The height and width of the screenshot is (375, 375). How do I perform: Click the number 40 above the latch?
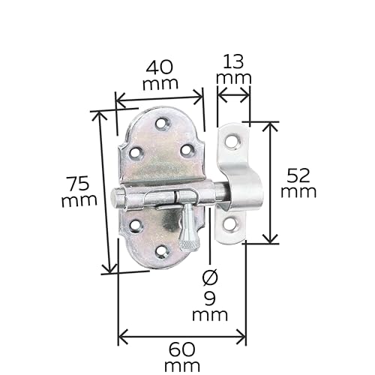tap(160, 67)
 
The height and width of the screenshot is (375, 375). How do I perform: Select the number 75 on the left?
tap(79, 183)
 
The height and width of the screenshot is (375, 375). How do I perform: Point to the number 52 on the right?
tap(299, 175)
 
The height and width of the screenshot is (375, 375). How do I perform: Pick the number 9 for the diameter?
tap(209, 298)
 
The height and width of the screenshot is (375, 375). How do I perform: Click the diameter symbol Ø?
tap(209, 277)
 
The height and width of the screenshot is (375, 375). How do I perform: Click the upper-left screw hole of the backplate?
tap(135, 153)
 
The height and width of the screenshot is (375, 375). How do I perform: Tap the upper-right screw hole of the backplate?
tap(187, 151)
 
